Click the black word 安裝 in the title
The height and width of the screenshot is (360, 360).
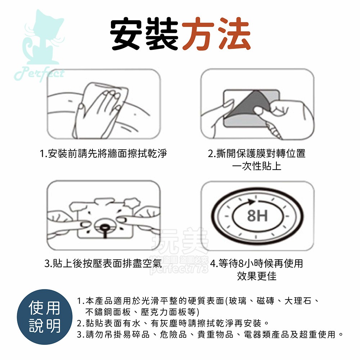(x=145, y=34)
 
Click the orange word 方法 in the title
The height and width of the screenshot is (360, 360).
(x=216, y=34)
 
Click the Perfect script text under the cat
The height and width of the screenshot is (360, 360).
(x=40, y=73)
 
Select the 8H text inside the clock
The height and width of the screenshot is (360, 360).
(x=257, y=216)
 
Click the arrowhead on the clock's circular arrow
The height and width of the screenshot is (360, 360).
(x=248, y=200)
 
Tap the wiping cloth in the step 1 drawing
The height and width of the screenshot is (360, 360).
(x=108, y=95)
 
